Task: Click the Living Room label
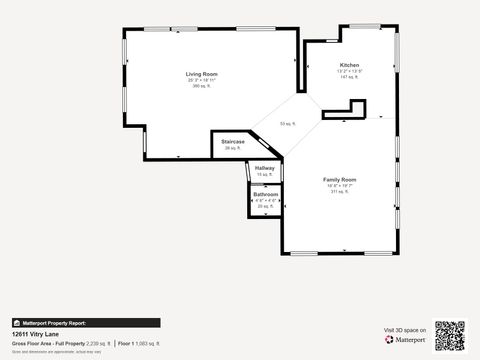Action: click(x=201, y=74)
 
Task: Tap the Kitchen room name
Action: click(x=349, y=65)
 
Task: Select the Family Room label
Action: click(x=341, y=180)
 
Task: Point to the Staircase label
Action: click(x=233, y=142)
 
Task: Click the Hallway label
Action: click(x=264, y=168)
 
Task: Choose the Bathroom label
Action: click(x=265, y=194)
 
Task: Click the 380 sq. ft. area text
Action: click(x=201, y=86)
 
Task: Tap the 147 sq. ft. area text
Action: click(x=349, y=77)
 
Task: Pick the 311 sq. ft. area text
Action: click(x=341, y=192)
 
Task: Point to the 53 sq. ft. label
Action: click(x=288, y=124)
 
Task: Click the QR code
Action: click(x=450, y=336)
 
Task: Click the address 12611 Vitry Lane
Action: click(x=37, y=334)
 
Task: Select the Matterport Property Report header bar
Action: click(x=85, y=323)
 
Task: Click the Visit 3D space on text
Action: click(x=405, y=329)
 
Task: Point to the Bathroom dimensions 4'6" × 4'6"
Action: click(x=265, y=200)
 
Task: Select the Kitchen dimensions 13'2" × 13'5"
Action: click(x=349, y=71)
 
